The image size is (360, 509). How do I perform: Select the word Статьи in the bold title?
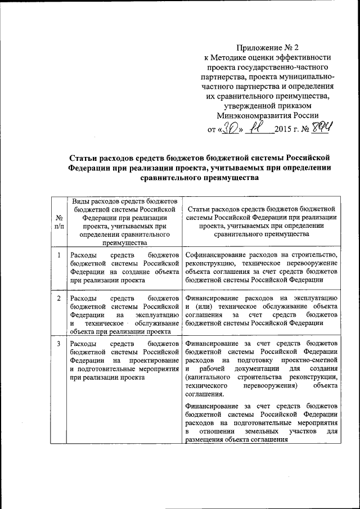(83, 157)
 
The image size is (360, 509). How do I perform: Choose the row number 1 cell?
(58, 256)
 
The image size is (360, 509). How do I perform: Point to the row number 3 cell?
(58, 343)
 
